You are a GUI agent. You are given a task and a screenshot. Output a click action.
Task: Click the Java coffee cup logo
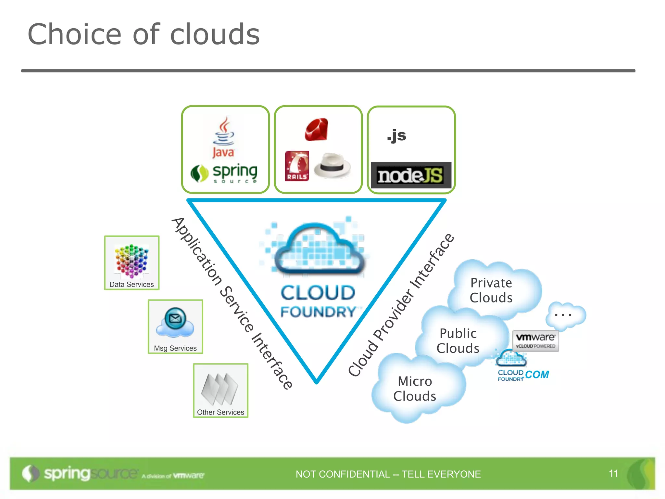(x=223, y=136)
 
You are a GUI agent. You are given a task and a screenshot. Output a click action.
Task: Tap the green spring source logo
(x=224, y=173)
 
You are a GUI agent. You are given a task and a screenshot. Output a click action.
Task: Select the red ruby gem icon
(x=317, y=130)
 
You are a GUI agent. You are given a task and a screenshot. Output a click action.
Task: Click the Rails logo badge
(x=297, y=166)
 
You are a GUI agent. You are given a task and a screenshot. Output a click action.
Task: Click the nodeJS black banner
(x=411, y=175)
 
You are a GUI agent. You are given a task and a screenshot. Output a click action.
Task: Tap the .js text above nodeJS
(x=396, y=135)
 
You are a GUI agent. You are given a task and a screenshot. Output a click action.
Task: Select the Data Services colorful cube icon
(x=132, y=262)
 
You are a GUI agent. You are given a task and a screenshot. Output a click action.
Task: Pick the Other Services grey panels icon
(x=220, y=389)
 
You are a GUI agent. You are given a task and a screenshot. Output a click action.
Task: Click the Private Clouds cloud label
(x=491, y=290)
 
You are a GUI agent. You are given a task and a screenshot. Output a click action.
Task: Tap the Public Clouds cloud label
(x=458, y=340)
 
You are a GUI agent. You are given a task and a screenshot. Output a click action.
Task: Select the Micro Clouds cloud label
(x=415, y=389)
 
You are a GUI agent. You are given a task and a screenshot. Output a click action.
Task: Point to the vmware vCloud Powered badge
(x=535, y=340)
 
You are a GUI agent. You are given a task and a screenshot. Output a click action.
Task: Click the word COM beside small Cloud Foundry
(x=537, y=375)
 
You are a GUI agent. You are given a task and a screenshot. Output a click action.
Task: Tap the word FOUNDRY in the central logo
(x=318, y=312)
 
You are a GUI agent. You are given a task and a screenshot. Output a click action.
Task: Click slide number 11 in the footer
(x=613, y=473)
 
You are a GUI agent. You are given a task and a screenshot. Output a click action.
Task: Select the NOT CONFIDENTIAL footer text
(x=388, y=474)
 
